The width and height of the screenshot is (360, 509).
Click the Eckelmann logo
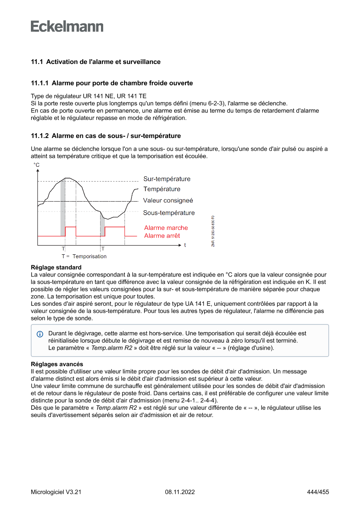[x=67, y=27]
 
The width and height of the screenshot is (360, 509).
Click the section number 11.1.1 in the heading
[x=40, y=83]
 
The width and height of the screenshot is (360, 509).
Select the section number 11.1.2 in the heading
[x=40, y=136]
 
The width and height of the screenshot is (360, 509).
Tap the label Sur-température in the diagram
[x=167, y=179]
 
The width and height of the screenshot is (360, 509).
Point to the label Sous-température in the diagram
[x=169, y=213]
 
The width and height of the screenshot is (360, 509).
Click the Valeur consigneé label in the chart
[x=168, y=201]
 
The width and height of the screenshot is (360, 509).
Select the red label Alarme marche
[x=166, y=228]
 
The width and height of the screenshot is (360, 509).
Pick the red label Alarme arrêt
[x=162, y=236]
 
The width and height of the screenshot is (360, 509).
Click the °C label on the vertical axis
[x=36, y=165]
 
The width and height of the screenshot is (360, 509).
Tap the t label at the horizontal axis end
[x=185, y=245]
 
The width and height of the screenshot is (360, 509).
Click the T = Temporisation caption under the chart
[x=84, y=256]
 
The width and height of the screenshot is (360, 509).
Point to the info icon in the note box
[x=40, y=334]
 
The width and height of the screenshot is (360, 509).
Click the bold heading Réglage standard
[x=56, y=267]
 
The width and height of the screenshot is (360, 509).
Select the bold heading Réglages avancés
[x=57, y=364]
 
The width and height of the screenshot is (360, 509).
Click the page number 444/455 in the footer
[x=318, y=492]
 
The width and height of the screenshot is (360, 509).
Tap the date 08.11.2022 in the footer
[x=180, y=492]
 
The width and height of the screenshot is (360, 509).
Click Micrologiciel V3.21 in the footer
[x=56, y=492]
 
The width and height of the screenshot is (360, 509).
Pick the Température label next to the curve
[x=162, y=189]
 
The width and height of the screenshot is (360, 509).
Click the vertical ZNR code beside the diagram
[x=213, y=231]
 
